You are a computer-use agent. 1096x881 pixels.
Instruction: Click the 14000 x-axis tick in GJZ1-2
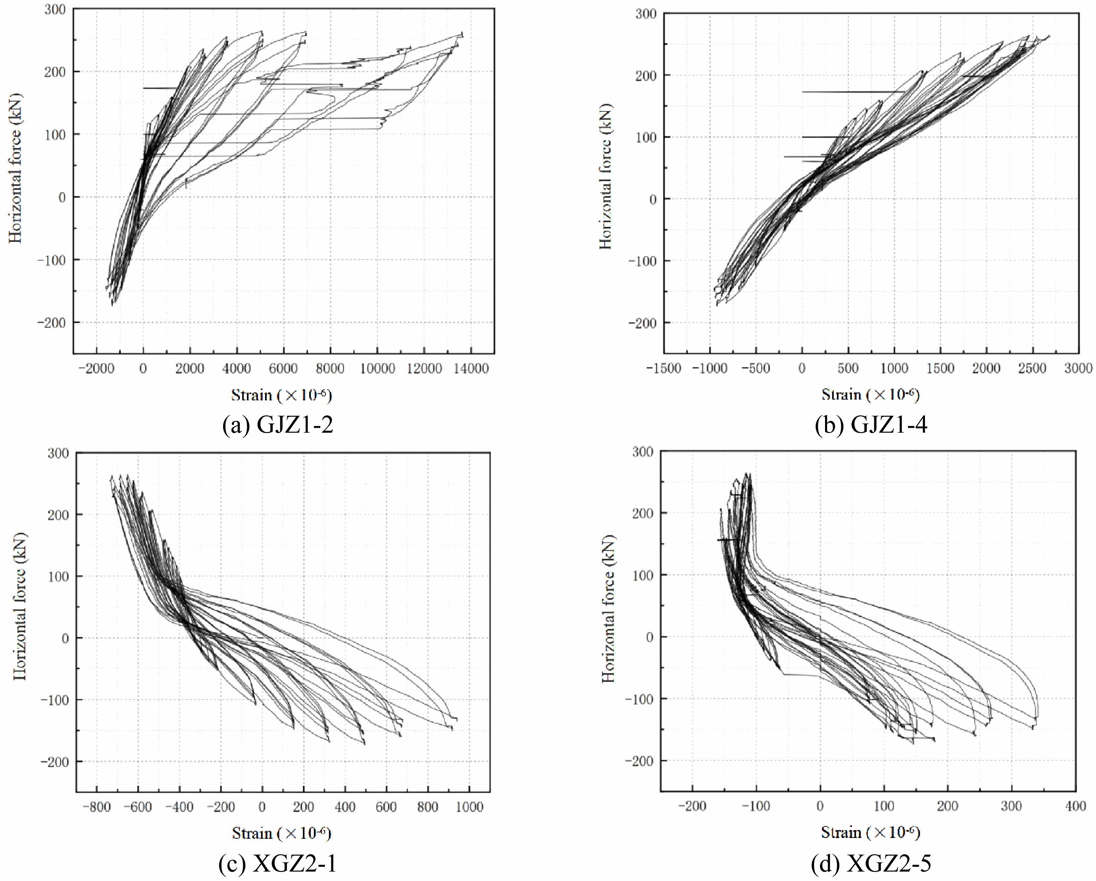(471, 368)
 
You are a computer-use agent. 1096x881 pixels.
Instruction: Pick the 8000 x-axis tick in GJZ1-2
(330, 368)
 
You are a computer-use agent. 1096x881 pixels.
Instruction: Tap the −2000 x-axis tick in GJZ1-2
(96, 368)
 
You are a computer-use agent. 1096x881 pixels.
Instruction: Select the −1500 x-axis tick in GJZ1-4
(663, 368)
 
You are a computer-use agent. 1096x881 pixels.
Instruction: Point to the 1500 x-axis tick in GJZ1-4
(940, 368)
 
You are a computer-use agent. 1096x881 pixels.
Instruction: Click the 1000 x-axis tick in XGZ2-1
(469, 807)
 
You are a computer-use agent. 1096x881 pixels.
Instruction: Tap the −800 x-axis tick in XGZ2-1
(96, 807)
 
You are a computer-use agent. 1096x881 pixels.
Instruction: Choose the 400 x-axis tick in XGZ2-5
(1076, 806)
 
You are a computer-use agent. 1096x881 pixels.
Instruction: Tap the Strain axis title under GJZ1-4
(870, 395)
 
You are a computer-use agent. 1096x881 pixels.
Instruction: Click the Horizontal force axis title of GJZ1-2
(15, 168)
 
